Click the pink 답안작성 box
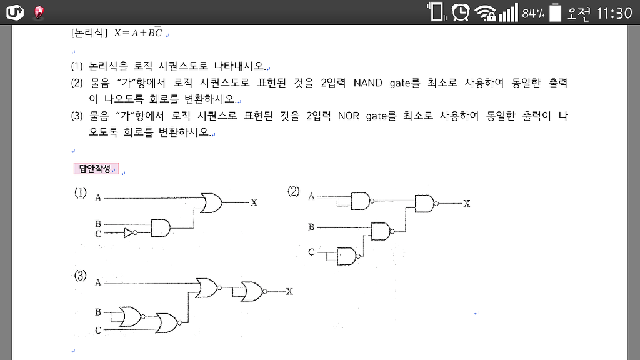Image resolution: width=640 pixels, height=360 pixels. [x=96, y=169]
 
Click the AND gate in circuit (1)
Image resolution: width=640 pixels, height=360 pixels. [x=161, y=228]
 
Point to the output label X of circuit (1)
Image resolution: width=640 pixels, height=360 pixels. [x=254, y=202]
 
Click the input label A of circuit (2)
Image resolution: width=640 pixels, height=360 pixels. [x=311, y=197]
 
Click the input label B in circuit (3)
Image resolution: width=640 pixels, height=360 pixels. [x=98, y=312]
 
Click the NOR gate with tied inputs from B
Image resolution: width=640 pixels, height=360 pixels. [x=131, y=317]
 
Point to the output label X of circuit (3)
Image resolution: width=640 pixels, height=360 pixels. [x=289, y=291]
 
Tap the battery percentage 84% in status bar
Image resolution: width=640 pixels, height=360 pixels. [x=534, y=14]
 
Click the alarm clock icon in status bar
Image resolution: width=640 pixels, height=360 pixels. [x=461, y=12]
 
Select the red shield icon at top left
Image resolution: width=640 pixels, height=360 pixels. [x=39, y=12]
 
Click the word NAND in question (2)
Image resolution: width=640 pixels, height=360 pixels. [x=367, y=83]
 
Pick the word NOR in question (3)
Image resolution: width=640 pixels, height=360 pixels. [x=349, y=116]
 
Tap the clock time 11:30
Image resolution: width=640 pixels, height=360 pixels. [x=614, y=14]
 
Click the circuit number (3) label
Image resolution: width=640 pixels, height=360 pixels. [x=81, y=276]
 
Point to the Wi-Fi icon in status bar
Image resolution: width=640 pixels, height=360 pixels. [x=485, y=13]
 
